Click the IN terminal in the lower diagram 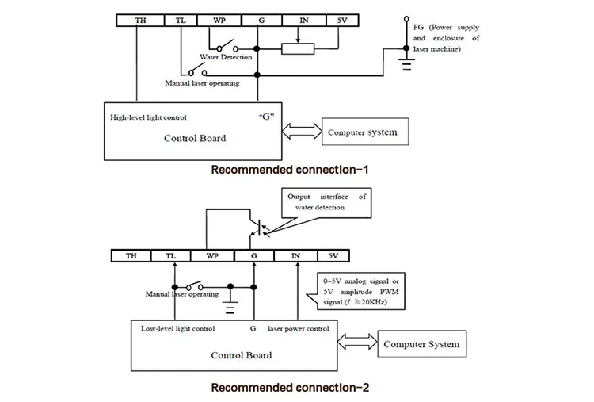[x=295, y=255]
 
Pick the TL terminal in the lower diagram [x=172, y=255]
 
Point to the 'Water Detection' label [x=226, y=56]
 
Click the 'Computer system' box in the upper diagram [x=365, y=132]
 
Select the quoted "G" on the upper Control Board [x=265, y=117]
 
